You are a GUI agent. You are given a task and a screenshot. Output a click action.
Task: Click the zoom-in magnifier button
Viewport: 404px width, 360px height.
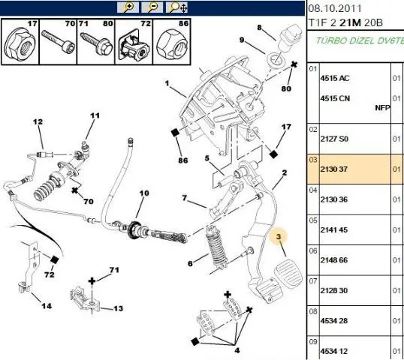coord(128,7)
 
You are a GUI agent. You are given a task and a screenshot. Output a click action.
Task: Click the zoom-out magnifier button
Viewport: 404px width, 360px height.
coord(152,7)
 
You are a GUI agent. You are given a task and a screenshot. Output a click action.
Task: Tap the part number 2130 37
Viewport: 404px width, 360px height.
coord(333,169)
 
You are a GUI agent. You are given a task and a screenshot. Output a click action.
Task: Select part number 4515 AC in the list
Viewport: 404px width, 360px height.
coord(335,78)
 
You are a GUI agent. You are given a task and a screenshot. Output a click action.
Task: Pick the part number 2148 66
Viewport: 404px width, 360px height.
coord(334,260)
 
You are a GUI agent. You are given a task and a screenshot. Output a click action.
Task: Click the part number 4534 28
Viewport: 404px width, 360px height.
coord(334,321)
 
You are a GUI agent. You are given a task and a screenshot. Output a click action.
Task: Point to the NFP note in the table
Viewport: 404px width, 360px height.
coord(382,108)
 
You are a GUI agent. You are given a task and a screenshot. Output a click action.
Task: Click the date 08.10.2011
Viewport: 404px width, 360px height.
coord(335,8)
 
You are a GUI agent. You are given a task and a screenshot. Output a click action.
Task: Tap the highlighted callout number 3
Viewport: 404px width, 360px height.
coord(279,236)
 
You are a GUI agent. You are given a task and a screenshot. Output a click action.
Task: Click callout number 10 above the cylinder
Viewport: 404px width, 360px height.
coord(144,193)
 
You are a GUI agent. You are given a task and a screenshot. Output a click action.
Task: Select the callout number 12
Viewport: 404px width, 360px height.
coord(38,121)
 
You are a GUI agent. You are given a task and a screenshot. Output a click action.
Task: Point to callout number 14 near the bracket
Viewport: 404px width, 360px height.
coord(47,306)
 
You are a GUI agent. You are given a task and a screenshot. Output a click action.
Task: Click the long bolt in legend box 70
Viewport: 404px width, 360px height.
coord(59,41)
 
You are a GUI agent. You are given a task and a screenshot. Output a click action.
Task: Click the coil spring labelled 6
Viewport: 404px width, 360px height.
coord(216,247)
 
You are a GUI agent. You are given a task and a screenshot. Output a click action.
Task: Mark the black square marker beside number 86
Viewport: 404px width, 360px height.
coord(175,133)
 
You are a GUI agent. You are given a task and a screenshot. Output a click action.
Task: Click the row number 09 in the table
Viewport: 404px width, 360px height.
coord(313,342)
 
